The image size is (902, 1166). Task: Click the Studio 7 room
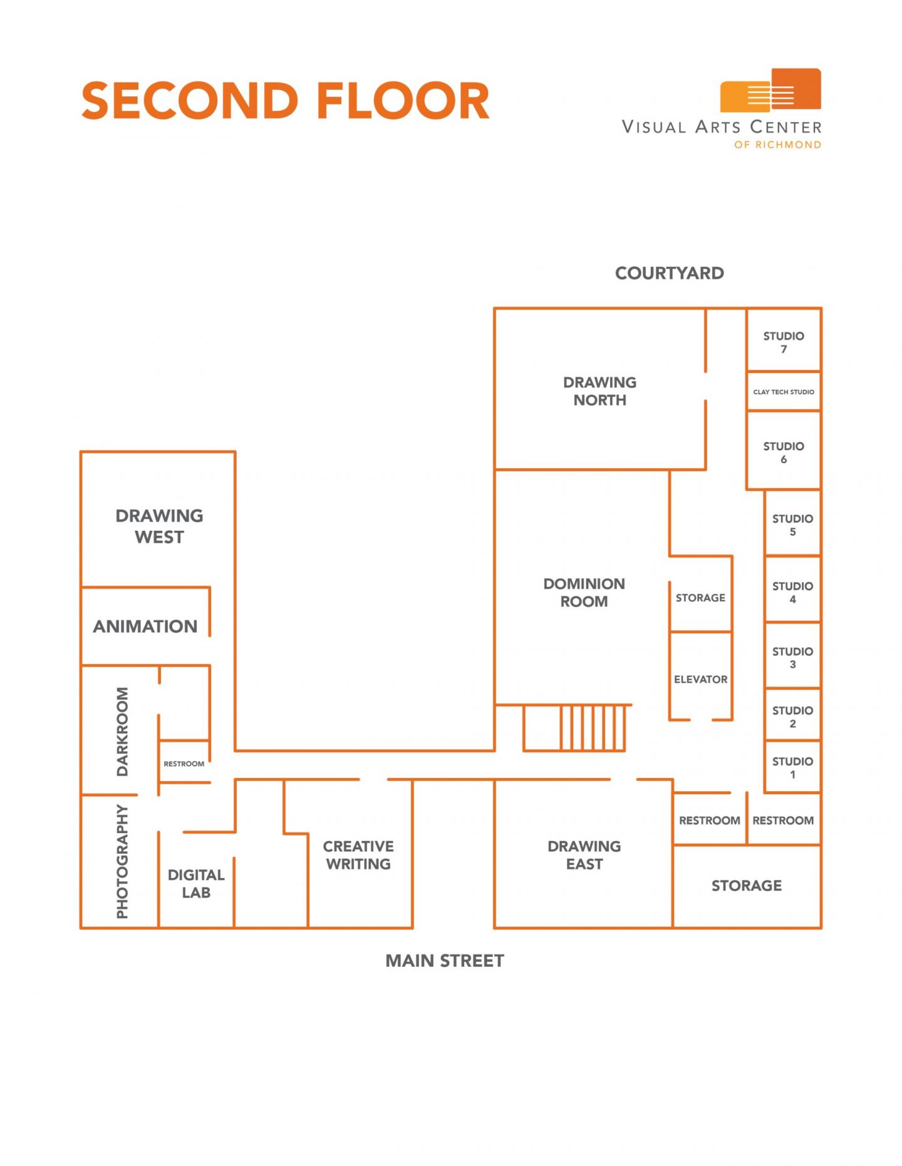pyautogui.click(x=783, y=342)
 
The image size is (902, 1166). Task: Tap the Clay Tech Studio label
pyautogui.click(x=783, y=392)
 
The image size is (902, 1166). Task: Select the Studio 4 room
pyautogui.click(x=792, y=591)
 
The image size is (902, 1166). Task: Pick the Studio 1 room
pyautogui.click(x=792, y=767)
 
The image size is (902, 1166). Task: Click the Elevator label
pyautogui.click(x=700, y=679)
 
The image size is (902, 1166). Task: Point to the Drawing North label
pyautogui.click(x=599, y=391)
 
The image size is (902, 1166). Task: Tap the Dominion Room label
pyautogui.click(x=584, y=592)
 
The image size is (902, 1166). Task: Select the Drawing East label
pyautogui.click(x=584, y=855)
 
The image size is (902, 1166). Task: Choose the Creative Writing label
pyautogui.click(x=358, y=855)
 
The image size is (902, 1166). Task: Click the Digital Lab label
pyautogui.click(x=196, y=883)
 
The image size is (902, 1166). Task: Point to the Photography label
pyautogui.click(x=122, y=861)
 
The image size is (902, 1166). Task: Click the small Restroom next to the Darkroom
pyautogui.click(x=184, y=764)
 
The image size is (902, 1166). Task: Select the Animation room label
pyautogui.click(x=145, y=626)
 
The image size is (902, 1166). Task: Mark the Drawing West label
pyautogui.click(x=159, y=526)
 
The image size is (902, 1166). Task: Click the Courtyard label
pyautogui.click(x=669, y=273)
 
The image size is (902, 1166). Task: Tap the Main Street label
pyautogui.click(x=444, y=961)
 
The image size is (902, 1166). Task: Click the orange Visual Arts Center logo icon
pyautogui.click(x=770, y=90)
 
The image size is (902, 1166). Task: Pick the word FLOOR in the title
pyautogui.click(x=403, y=101)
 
